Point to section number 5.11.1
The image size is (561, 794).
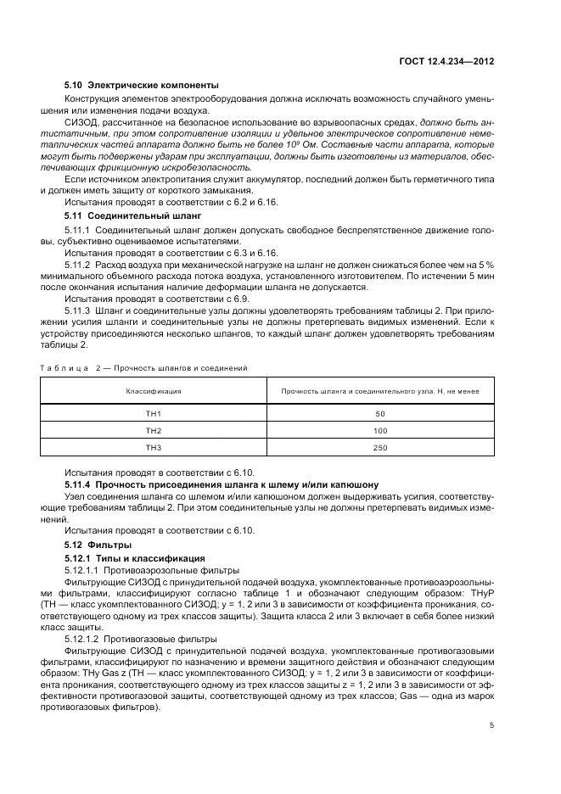77,230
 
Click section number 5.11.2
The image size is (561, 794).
77,266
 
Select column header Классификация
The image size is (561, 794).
154,391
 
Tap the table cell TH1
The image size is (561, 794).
154,413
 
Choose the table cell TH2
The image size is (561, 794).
154,430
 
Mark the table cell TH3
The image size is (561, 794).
154,447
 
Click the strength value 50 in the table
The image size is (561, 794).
379,413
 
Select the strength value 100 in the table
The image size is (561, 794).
379,430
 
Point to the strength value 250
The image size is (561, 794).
379,447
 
